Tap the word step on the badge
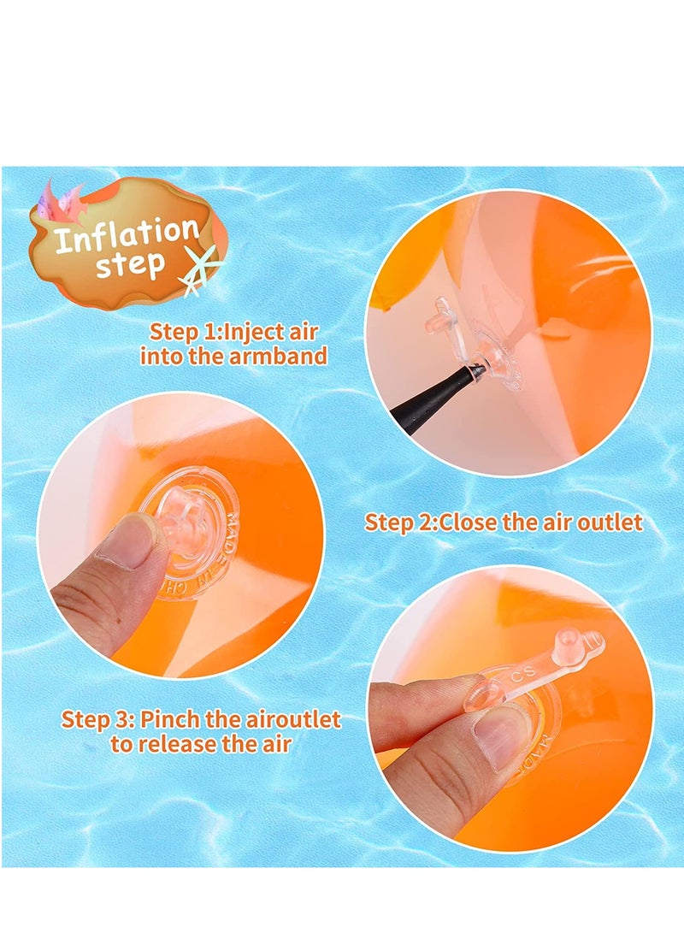tap(129, 265)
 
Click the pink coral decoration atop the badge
tap(62, 204)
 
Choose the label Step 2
tap(399, 522)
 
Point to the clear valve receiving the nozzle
tap(489, 359)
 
